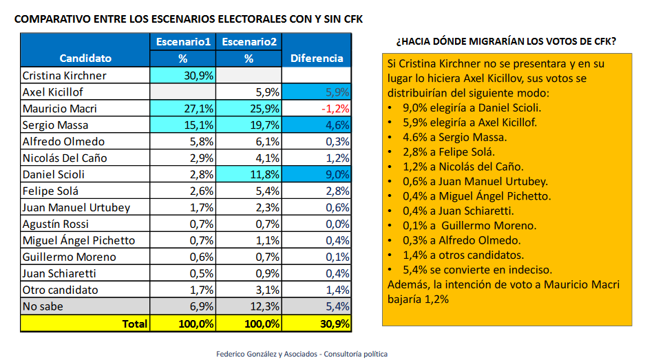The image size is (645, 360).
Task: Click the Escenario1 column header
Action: pyautogui.click(x=183, y=42)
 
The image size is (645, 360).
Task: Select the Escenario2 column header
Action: pyautogui.click(x=249, y=42)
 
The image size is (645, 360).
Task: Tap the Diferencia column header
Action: pyautogui.click(x=317, y=59)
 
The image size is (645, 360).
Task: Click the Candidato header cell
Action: pyautogui.click(x=85, y=59)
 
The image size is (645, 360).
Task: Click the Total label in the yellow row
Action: pyautogui.click(x=134, y=323)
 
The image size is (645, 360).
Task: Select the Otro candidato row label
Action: pyautogui.click(x=60, y=290)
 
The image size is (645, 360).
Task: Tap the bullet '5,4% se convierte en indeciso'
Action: pyautogui.click(x=474, y=270)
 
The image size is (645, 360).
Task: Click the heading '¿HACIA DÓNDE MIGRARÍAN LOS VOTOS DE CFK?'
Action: pyautogui.click(x=506, y=42)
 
